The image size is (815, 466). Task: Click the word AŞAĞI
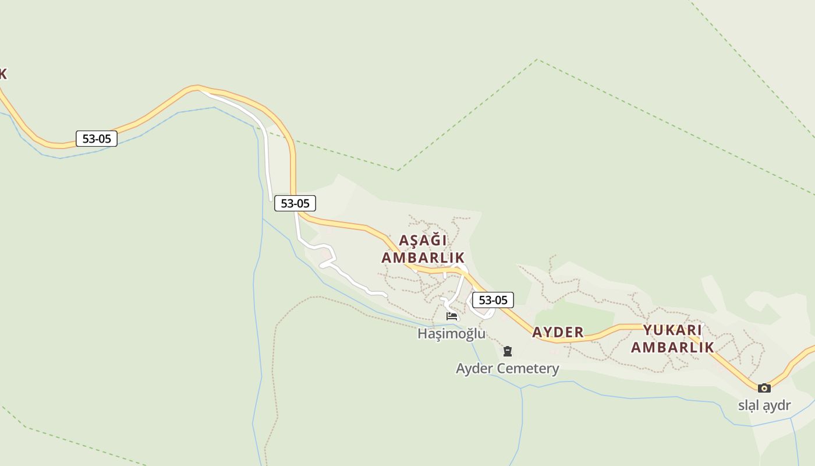pos(423,241)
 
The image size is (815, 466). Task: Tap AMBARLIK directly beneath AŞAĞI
pos(423,257)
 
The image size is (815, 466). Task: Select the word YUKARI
pos(672,330)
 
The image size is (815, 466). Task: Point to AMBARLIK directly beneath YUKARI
pos(672,348)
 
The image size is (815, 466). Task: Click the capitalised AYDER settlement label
pos(558,333)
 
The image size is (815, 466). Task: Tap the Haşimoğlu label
pos(451,334)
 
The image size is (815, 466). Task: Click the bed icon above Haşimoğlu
pos(452,316)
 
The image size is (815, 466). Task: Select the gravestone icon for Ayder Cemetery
pos(508,351)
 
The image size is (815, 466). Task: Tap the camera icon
pos(764,388)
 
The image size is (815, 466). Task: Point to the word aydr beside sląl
pos(777,406)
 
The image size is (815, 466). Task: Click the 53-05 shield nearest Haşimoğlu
pos(492,301)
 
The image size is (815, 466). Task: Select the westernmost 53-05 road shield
pos(97,139)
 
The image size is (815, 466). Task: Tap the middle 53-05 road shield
pos(295,203)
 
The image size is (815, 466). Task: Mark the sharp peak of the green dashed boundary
pos(537,59)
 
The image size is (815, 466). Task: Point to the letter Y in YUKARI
pos(647,330)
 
